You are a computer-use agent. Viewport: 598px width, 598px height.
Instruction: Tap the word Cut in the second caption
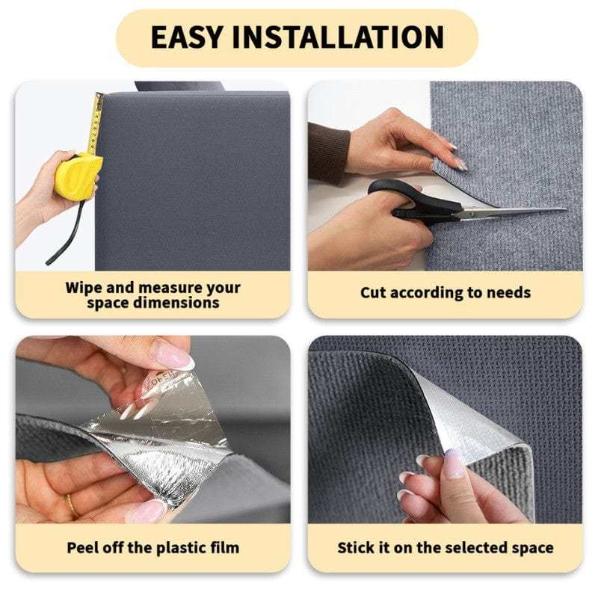(x=374, y=293)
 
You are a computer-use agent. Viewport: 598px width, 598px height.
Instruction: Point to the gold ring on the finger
(x=72, y=506)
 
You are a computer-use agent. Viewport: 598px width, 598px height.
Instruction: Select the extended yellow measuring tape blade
(x=95, y=123)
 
